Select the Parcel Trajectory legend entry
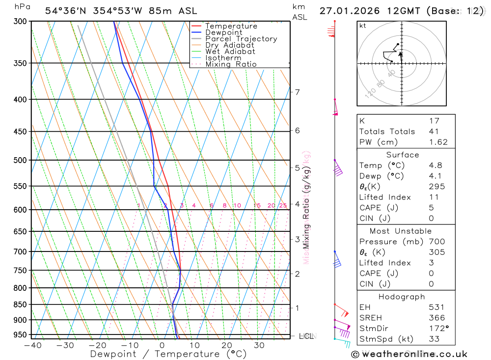click(x=241, y=39)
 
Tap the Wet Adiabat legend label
click(x=230, y=52)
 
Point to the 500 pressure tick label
click(x=19, y=160)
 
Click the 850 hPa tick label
click(x=19, y=305)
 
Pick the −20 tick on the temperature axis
click(x=97, y=345)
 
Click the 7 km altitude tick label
click(x=297, y=92)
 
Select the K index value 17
click(x=434, y=121)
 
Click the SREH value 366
click(x=436, y=318)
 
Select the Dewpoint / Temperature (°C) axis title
click(x=161, y=354)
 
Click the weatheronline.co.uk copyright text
click(x=409, y=354)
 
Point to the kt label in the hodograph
click(x=363, y=26)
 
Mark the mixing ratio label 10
click(x=237, y=206)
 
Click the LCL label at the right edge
click(x=306, y=336)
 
